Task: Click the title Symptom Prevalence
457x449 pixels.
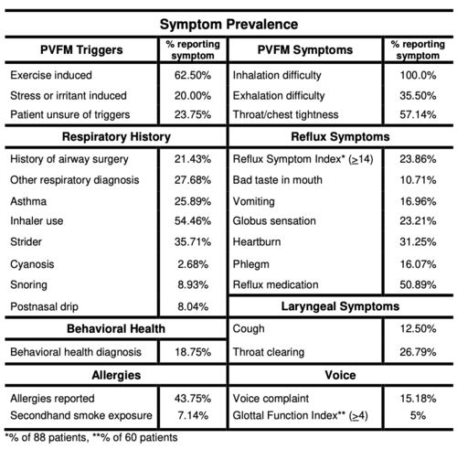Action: pos(228,25)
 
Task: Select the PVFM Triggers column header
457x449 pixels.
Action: pos(81,50)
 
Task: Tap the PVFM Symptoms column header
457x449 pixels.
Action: pos(305,50)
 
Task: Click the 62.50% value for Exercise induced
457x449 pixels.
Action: pos(193,75)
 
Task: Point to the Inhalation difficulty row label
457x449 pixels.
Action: pos(277,75)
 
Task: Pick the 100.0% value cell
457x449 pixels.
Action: pos(418,75)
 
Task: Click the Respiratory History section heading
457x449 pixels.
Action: pos(116,137)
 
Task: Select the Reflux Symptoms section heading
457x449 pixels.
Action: pos(340,137)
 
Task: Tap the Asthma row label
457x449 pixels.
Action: pos(28,201)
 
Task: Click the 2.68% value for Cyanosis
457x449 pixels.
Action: pos(193,264)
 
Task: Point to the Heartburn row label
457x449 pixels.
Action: pos(257,242)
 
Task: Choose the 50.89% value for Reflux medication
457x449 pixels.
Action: pos(418,285)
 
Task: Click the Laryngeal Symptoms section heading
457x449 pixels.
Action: pos(340,306)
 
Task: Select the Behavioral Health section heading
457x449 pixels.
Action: pos(116,329)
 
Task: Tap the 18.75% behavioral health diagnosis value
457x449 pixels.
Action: pos(193,352)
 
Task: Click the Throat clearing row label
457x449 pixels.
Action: pos(269,352)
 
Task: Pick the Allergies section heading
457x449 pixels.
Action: pos(116,375)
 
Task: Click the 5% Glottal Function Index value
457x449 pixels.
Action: pos(418,415)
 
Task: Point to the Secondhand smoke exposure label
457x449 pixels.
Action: pos(81,415)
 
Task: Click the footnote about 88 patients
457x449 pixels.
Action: pos(47,438)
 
